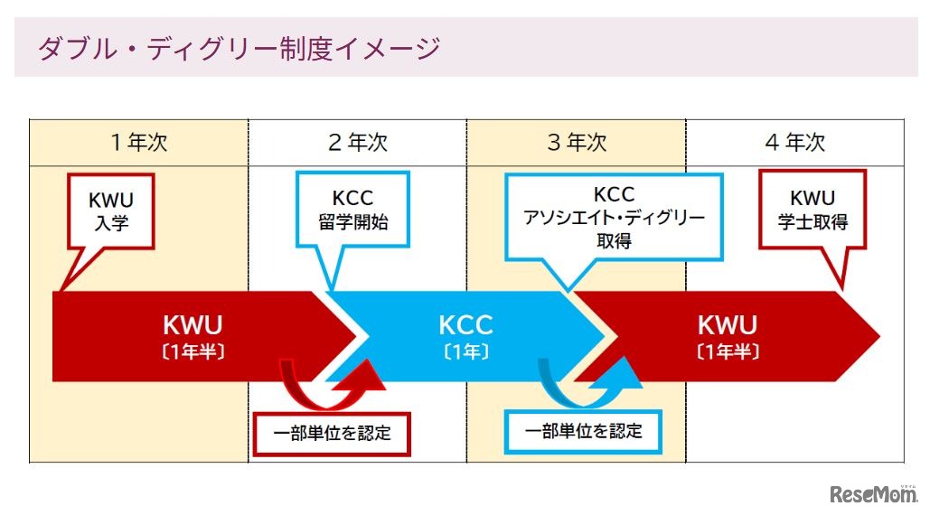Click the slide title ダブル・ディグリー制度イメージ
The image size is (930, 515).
tap(238, 48)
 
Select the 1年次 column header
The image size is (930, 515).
tap(138, 142)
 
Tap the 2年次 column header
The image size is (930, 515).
tap(357, 142)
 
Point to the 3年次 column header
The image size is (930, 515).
tap(577, 142)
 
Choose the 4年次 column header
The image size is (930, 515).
tap(795, 142)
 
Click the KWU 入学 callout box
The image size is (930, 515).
tap(109, 210)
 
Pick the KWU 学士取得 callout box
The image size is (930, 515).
tap(813, 210)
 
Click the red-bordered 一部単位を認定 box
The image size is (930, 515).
tap(332, 433)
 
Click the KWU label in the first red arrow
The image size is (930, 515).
tap(193, 324)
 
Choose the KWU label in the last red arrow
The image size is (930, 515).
tap(728, 324)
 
